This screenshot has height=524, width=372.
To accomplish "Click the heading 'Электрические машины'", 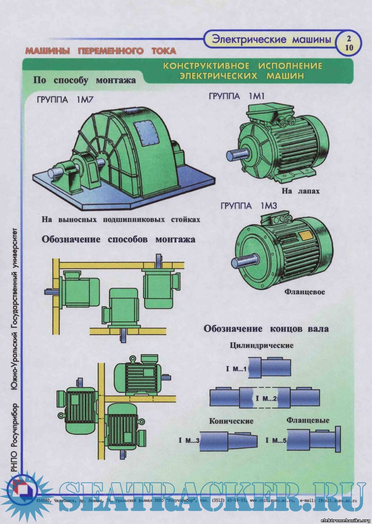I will click(x=271, y=39).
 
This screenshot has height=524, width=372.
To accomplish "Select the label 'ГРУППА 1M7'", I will click(x=65, y=100).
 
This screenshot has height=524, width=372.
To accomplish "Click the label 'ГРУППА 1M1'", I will click(x=236, y=96).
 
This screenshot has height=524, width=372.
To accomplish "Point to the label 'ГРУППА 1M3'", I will click(x=249, y=206).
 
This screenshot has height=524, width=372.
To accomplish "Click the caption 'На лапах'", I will click(x=300, y=191).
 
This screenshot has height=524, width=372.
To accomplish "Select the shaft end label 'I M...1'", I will click(x=236, y=369).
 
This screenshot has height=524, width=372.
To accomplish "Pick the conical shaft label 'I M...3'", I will click(x=189, y=440).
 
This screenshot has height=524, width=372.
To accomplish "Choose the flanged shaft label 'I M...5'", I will click(x=276, y=440).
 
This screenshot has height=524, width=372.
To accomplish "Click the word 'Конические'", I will click(x=231, y=421).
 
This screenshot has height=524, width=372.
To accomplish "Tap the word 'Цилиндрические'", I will click(x=261, y=345).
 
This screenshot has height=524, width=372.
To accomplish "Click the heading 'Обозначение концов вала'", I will click(x=266, y=329).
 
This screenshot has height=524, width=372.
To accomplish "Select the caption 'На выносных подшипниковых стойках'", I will click(x=121, y=220).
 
